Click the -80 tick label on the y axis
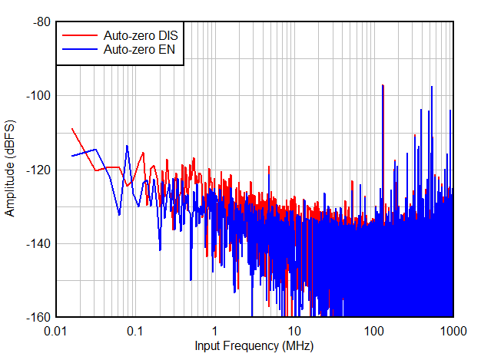41,22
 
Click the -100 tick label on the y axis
38,96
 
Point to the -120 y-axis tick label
38,170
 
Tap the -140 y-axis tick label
38,243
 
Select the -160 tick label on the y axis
38,317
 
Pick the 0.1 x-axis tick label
135,331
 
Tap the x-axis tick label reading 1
214,331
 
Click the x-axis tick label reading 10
294,331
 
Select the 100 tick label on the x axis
373,331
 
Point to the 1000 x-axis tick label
453,331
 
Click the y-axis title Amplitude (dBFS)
10,169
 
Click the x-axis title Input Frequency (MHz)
254,346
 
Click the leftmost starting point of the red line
71,128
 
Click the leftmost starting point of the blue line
71,156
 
